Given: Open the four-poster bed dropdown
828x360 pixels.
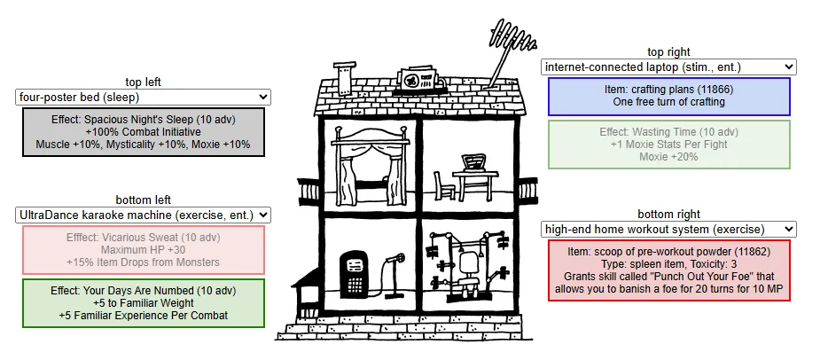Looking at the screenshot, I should click(x=143, y=97).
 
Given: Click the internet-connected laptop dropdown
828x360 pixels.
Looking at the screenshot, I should click(x=668, y=67).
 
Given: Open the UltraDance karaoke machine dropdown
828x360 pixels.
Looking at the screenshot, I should click(x=143, y=215).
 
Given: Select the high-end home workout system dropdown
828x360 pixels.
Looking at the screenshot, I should click(x=668, y=229).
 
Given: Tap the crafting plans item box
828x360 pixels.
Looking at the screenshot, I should click(x=668, y=96).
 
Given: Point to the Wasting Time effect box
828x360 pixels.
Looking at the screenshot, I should click(x=668, y=144).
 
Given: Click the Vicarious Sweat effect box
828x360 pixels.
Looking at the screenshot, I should click(x=143, y=249).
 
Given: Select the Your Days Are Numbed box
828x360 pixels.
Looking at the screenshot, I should click(x=143, y=302).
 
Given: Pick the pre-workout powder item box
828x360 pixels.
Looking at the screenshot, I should click(x=668, y=270).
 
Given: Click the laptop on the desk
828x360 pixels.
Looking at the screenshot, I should click(x=473, y=162).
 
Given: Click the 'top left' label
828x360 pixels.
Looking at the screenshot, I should click(x=143, y=82).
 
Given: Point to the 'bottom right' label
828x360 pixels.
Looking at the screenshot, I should click(x=668, y=214).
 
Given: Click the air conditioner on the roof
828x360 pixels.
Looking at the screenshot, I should click(x=414, y=81).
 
